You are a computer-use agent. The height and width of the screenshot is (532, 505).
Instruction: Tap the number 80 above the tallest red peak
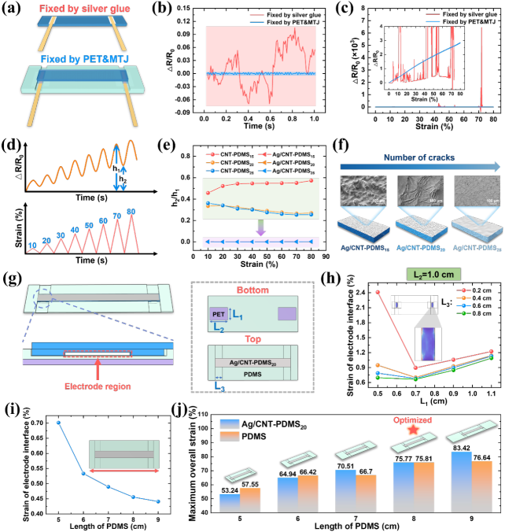pos(131,212)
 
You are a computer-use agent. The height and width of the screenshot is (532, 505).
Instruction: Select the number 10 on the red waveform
pos(32,246)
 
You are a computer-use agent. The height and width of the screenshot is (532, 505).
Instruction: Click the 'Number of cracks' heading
pos(418,157)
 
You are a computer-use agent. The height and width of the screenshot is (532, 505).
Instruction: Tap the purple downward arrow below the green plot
pos(261,227)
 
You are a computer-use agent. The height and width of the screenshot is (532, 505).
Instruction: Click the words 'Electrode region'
pos(97,386)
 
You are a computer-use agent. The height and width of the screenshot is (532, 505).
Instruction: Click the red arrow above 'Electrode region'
pos(97,368)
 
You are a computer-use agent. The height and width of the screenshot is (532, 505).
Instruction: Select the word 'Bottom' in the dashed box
pos(252,290)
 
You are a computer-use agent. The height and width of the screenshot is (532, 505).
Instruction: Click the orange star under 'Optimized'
pos(412,431)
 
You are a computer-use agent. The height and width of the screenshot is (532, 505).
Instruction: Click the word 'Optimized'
pos(412,419)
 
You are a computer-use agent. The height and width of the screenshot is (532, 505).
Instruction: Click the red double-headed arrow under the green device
pos(126,471)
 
